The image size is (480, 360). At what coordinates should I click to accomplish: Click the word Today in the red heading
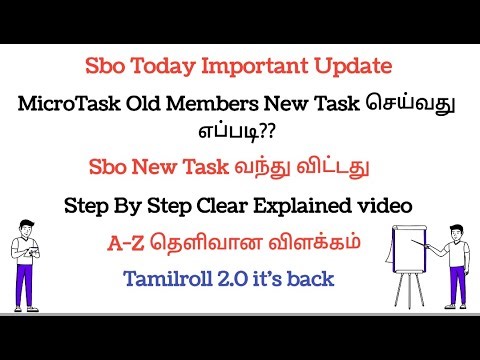[153, 67]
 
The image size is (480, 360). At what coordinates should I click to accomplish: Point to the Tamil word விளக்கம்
[317, 244]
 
